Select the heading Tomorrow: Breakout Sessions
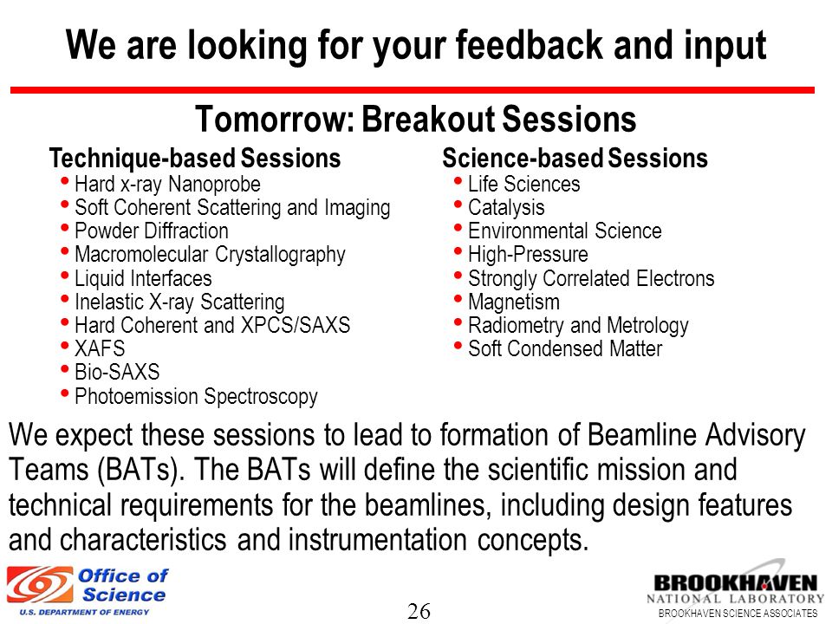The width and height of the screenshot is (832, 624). [x=416, y=119]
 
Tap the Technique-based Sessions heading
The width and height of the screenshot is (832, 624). [x=195, y=158]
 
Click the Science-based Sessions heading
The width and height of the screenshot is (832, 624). [x=575, y=158]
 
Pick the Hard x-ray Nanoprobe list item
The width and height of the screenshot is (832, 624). [x=167, y=184]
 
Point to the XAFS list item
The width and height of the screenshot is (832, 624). [x=100, y=348]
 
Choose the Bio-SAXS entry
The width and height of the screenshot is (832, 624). [x=117, y=372]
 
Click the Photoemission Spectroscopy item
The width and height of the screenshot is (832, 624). [x=197, y=396]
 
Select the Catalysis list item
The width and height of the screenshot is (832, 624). [x=506, y=207]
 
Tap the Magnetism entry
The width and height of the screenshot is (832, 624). [x=514, y=302]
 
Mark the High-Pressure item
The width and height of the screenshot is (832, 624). [x=528, y=255]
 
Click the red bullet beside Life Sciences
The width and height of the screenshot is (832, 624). [x=458, y=181]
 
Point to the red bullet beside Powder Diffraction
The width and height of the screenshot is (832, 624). [x=65, y=228]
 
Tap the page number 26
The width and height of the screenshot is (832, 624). [x=419, y=611]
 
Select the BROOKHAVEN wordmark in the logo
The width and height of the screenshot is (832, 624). [x=736, y=583]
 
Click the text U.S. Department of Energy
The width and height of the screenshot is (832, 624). [x=84, y=613]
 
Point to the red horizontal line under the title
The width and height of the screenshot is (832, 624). [x=413, y=90]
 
